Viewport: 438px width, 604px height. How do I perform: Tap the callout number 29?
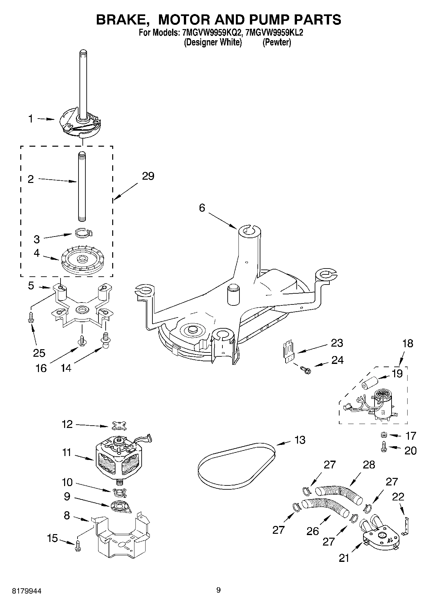(x=148, y=176)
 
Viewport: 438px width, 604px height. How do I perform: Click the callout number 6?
(x=202, y=208)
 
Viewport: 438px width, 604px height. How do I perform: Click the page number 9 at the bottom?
(x=219, y=590)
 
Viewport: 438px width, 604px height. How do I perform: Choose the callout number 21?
(x=344, y=559)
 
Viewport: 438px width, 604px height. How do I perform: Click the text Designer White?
(x=213, y=42)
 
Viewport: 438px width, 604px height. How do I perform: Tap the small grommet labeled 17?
(x=384, y=435)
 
